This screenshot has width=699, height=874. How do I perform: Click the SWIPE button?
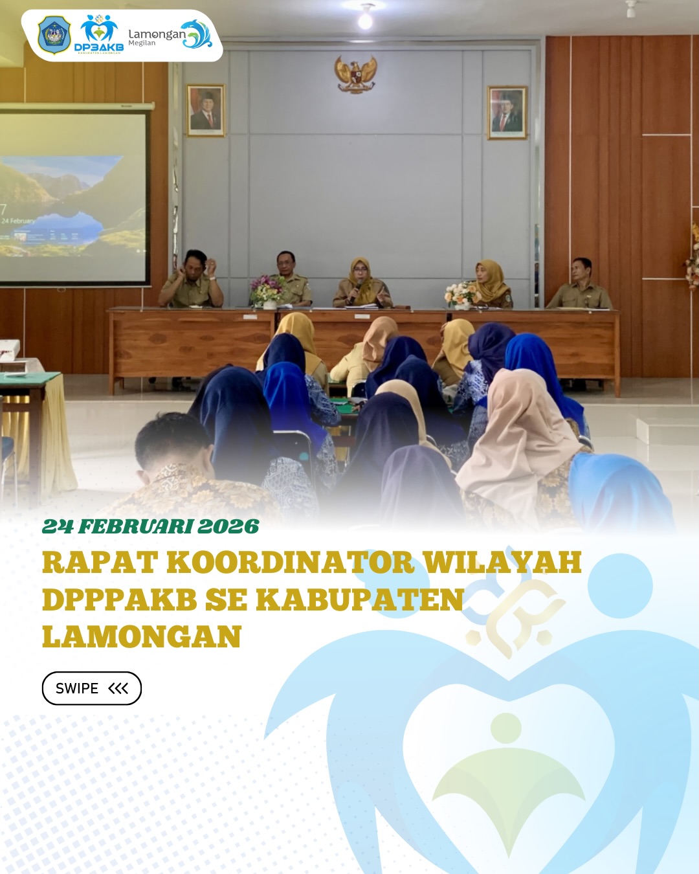[x=92, y=688]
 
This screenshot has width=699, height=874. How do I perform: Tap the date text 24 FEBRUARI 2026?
[x=151, y=526]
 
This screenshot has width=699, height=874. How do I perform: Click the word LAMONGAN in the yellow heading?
[x=142, y=637]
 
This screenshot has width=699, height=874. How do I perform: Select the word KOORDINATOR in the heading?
[x=291, y=563]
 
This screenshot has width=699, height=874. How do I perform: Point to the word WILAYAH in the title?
[x=502, y=563]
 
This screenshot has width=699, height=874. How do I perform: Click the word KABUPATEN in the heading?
[x=360, y=600]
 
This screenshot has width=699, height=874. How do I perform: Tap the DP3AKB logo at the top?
[x=99, y=34]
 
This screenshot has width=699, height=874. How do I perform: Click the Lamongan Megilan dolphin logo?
[x=170, y=36]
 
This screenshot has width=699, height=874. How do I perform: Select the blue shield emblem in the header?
[x=54, y=35]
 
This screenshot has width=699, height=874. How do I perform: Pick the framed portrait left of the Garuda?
[x=206, y=111]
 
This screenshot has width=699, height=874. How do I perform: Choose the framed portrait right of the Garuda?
[x=507, y=113]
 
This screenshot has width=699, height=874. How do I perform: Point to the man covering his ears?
[x=192, y=280]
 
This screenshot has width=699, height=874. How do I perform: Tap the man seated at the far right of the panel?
[x=580, y=286]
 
